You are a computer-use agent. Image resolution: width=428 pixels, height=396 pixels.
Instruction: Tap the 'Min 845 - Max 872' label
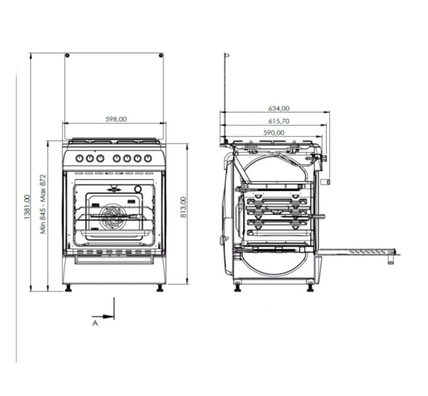pyautogui.click(x=43, y=203)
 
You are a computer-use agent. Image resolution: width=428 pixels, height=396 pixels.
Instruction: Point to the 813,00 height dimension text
pyautogui.click(x=183, y=207)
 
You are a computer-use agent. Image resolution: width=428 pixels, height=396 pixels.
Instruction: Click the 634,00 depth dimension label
pyautogui.click(x=279, y=108)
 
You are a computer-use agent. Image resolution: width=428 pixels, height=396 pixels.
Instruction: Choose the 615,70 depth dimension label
pyautogui.click(x=279, y=121)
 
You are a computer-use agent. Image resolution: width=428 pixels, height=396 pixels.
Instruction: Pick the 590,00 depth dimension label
pyautogui.click(x=274, y=132)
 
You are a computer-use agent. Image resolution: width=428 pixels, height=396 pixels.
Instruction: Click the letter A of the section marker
pyautogui.click(x=95, y=323)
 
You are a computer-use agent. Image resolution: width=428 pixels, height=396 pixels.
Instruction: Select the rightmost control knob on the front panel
pyautogui.click(x=148, y=158)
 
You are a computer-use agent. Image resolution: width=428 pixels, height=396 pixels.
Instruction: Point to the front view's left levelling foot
pyautogui.click(x=68, y=289)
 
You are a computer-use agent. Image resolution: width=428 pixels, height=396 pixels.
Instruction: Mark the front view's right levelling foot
pyautogui.click(x=160, y=289)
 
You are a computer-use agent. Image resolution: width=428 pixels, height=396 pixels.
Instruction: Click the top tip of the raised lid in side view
pyautogui.click(x=227, y=55)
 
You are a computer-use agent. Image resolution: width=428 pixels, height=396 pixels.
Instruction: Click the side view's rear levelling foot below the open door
pyautogui.click(x=310, y=288)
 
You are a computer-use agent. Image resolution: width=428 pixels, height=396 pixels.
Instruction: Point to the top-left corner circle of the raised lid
pyautogui.click(x=67, y=56)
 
